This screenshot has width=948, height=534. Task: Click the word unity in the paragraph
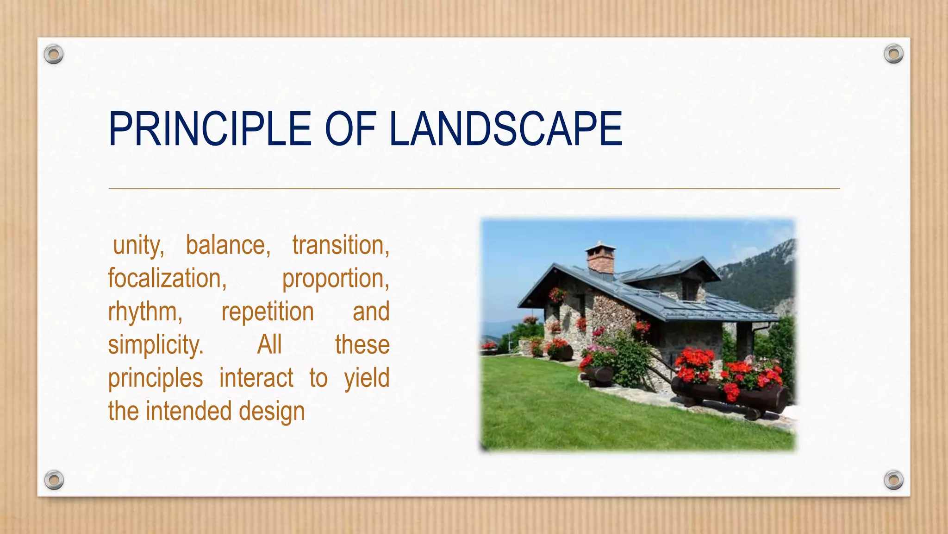[x=138, y=246]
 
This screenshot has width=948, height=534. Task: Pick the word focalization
[x=167, y=279]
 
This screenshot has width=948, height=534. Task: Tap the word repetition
[x=268, y=312]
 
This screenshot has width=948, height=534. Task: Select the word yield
[x=367, y=378]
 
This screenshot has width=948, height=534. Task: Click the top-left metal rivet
[x=54, y=55]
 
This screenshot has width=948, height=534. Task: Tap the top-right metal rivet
[x=893, y=54]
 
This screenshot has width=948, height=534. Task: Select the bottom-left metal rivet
[x=54, y=480]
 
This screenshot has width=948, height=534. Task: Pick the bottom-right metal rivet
[x=893, y=480]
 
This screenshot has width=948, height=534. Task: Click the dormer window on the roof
[x=690, y=290]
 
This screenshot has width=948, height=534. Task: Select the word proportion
[x=336, y=279]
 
